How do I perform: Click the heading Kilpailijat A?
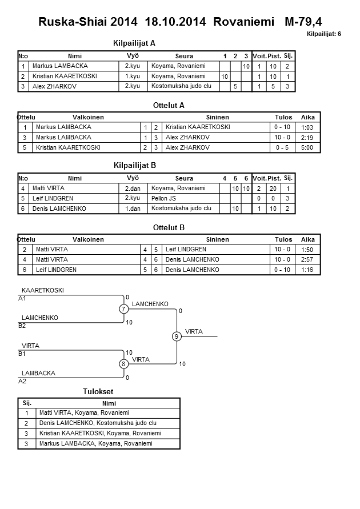click(135, 43)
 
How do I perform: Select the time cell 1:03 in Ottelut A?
click(307, 127)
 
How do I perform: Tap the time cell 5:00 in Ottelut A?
click(307, 147)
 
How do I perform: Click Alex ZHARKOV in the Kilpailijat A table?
click(55, 86)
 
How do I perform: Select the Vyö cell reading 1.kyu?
click(133, 76)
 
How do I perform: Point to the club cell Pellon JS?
click(163, 198)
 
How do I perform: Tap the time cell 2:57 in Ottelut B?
click(307, 259)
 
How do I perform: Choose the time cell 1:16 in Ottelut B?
click(307, 270)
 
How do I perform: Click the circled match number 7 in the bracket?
click(123, 309)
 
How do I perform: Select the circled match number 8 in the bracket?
click(123, 364)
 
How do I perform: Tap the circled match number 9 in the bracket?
click(177, 336)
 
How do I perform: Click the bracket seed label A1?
click(22, 298)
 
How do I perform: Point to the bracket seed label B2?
click(22, 326)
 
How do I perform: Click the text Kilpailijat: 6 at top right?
click(323, 34)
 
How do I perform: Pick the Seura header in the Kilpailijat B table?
click(184, 178)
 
